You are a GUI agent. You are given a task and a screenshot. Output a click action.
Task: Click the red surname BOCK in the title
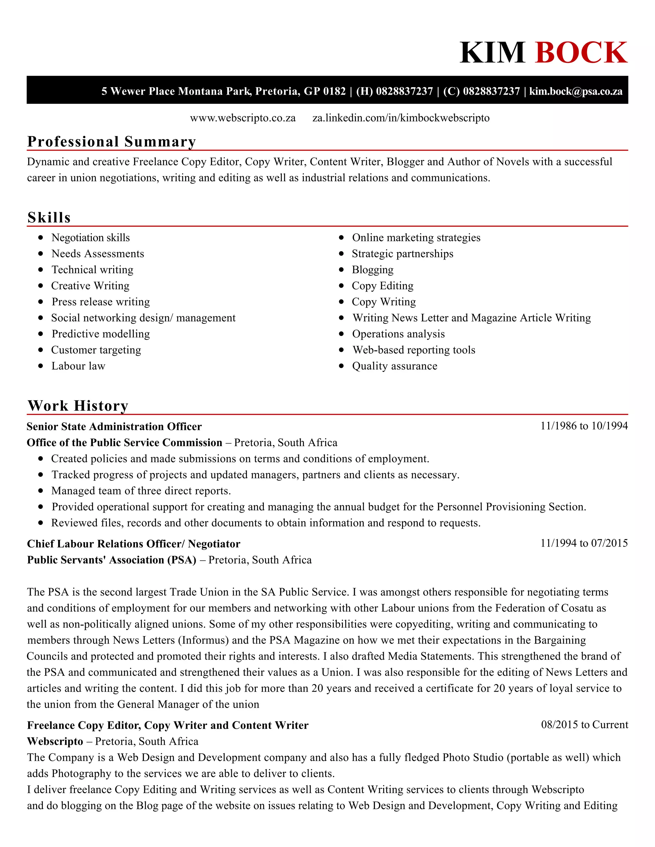pos(581,53)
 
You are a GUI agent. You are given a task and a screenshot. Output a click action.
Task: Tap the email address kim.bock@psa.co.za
pos(576,91)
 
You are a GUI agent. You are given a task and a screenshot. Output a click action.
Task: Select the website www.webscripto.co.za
pos(243,118)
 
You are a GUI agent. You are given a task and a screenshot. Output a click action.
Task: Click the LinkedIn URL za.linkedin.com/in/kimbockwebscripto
pos(401,118)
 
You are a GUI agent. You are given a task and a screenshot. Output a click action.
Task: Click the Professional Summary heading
pos(111,142)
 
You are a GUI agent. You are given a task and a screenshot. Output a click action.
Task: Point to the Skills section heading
pos(49,218)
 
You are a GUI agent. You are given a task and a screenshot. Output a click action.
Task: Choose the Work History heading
pos(78,406)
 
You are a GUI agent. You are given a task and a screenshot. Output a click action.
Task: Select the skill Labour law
pos(78,366)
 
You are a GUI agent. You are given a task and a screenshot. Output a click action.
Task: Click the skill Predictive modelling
pos(100,334)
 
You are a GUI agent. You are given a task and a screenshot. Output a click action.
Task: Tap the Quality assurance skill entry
pos(394,366)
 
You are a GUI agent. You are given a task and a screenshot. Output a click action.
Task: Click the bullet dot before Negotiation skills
pos(41,237)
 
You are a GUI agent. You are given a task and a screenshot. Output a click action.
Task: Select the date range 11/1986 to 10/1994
pos(584,426)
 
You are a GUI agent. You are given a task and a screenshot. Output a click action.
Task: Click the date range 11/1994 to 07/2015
pos(584,543)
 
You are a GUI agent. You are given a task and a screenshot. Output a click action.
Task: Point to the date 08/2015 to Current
pos(584,725)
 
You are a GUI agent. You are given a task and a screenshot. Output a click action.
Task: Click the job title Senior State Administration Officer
pos(114,427)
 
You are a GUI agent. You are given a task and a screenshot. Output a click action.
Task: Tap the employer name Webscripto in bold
pos(55,741)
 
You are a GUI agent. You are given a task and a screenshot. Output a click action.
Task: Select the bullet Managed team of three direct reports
pos(141,491)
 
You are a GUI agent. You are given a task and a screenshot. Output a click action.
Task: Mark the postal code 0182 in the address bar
pos(335,91)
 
